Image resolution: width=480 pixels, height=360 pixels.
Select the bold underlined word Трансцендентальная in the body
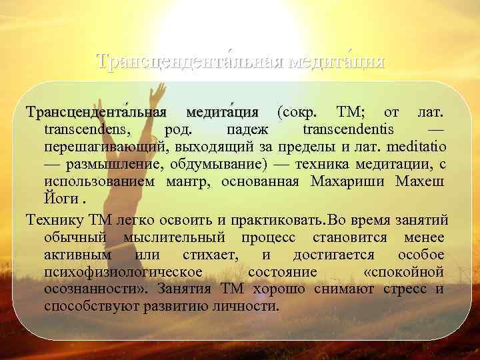click(96, 111)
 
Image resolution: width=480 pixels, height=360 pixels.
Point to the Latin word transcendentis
click(347, 129)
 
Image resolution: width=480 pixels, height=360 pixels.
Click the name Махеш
click(421, 181)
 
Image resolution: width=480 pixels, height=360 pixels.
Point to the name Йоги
click(59, 199)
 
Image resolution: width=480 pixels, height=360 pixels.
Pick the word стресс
click(405, 289)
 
